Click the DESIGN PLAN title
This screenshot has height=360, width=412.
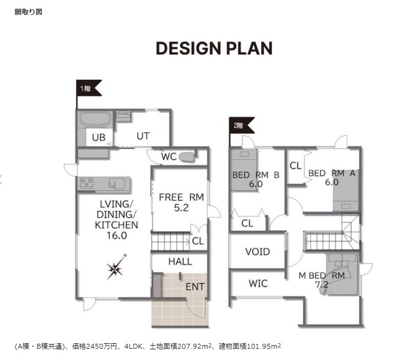214,49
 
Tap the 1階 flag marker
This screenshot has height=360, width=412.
89,88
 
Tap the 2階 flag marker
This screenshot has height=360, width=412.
241,125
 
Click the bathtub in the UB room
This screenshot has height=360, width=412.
95,120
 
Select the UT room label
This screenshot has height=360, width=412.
143,136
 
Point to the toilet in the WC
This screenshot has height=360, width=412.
187,157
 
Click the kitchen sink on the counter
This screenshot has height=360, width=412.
117,183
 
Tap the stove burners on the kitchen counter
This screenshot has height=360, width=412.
87,183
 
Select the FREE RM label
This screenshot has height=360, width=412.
181,197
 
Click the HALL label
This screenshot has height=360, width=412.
180,261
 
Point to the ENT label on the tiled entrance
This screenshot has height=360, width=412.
195,286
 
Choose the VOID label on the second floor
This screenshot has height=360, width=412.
258,251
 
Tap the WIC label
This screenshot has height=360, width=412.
258,283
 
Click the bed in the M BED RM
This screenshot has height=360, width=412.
342,274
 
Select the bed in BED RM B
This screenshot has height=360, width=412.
244,170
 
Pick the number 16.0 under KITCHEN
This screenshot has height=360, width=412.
117,236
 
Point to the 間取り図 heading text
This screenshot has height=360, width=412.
29,12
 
